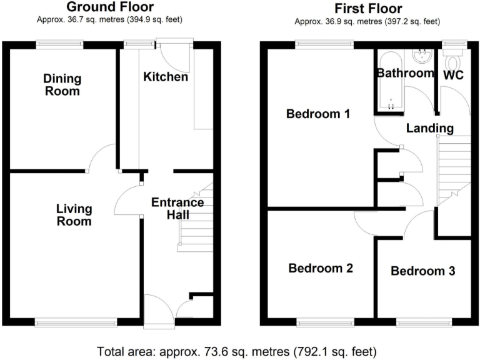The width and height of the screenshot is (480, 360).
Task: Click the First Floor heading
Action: (368, 8)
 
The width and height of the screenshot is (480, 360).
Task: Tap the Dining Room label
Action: (62, 84)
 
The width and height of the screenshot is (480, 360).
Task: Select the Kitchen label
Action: (165, 77)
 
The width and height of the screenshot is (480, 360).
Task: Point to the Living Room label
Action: (74, 214)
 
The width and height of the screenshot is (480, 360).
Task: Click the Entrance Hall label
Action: (177, 209)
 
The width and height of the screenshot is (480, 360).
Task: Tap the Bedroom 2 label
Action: (321, 268)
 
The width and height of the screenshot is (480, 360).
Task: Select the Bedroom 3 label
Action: (422, 271)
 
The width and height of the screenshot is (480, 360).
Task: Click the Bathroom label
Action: (404, 73)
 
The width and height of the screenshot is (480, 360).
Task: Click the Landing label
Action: (429, 128)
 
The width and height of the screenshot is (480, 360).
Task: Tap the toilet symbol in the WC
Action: (452, 60)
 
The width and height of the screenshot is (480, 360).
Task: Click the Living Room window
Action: (76, 322)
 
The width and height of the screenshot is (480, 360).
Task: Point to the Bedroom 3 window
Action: (424, 322)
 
